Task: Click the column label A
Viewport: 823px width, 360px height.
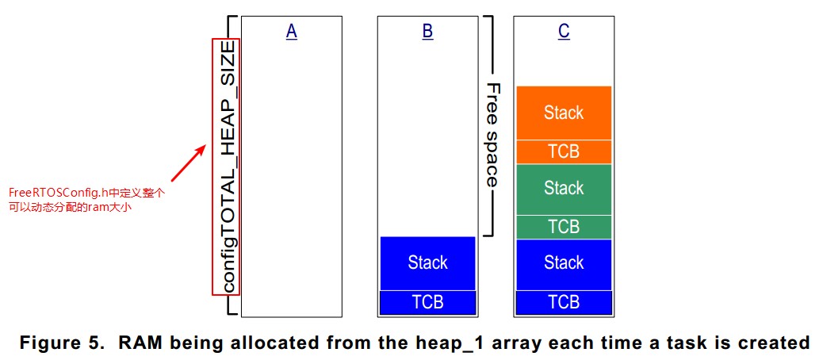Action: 291,31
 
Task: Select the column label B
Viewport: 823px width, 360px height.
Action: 427,31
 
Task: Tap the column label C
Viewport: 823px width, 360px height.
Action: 564,31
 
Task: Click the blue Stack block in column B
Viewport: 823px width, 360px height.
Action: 427,262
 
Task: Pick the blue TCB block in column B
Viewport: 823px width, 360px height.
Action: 427,302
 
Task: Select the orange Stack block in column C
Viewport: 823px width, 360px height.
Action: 564,113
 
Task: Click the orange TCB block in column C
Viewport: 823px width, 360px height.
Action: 564,151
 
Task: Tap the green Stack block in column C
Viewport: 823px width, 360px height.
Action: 564,189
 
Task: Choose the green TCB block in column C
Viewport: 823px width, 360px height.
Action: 564,227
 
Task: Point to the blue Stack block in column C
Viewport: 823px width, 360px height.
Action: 564,262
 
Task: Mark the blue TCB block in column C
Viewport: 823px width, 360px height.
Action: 564,302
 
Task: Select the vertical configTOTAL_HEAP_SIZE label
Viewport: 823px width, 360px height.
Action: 227,167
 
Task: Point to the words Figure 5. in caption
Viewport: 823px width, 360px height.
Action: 63,343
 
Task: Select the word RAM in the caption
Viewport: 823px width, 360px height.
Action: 140,343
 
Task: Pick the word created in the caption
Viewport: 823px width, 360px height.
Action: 772,343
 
